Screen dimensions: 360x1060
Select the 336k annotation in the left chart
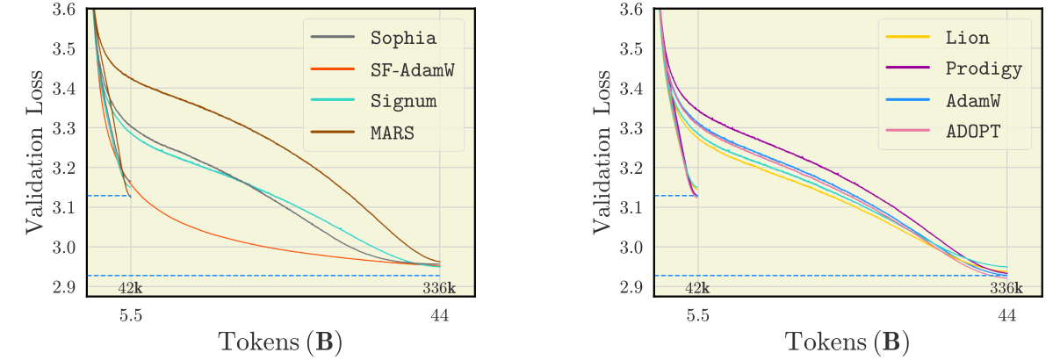click(440, 288)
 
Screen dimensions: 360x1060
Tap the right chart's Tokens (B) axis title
click(847, 342)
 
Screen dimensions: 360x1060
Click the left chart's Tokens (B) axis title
click(281, 342)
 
